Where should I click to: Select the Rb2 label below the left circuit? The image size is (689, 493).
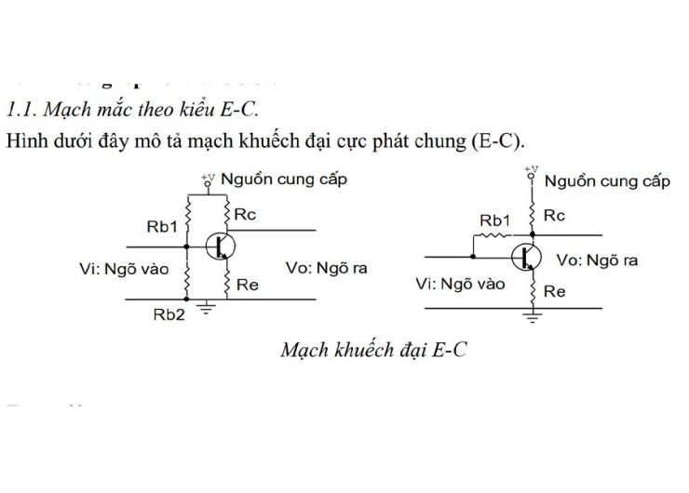169,314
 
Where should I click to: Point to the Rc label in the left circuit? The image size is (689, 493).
245,214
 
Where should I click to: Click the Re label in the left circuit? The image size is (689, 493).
247,285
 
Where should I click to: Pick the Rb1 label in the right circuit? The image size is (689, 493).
495,221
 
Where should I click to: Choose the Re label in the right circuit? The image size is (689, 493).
555,291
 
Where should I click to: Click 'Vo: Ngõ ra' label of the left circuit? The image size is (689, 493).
326,268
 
